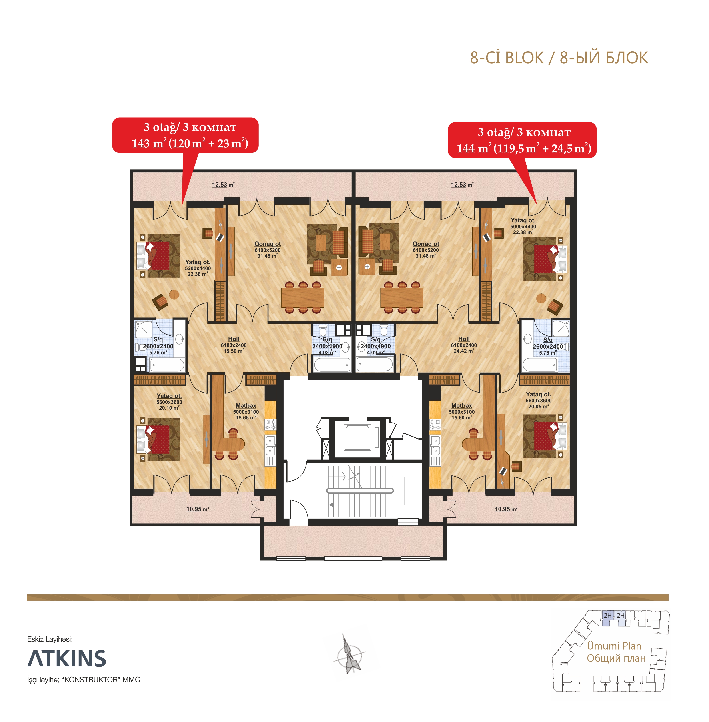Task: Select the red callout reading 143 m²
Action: pyautogui.click(x=185, y=135)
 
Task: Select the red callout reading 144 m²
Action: pyautogui.click(x=522, y=140)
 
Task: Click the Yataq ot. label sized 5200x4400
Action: pyautogui.click(x=198, y=268)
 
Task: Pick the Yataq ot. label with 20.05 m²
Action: pyautogui.click(x=539, y=400)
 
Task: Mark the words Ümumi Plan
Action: pyautogui.click(x=614, y=646)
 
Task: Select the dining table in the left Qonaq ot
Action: pyautogui.click(x=303, y=298)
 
